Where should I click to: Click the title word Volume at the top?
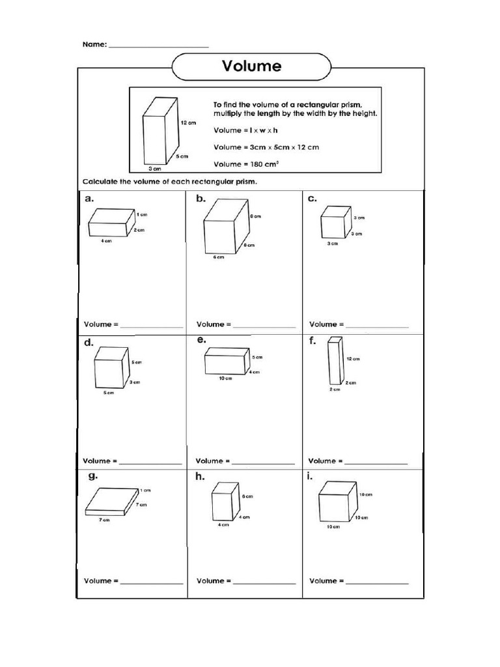point(252,66)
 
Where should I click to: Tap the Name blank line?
point(158,46)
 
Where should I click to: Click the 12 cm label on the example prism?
point(188,122)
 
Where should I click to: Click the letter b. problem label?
point(201,199)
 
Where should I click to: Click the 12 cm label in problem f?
point(353,358)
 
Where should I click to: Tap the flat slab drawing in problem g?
point(113,502)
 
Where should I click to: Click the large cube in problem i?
point(337,502)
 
